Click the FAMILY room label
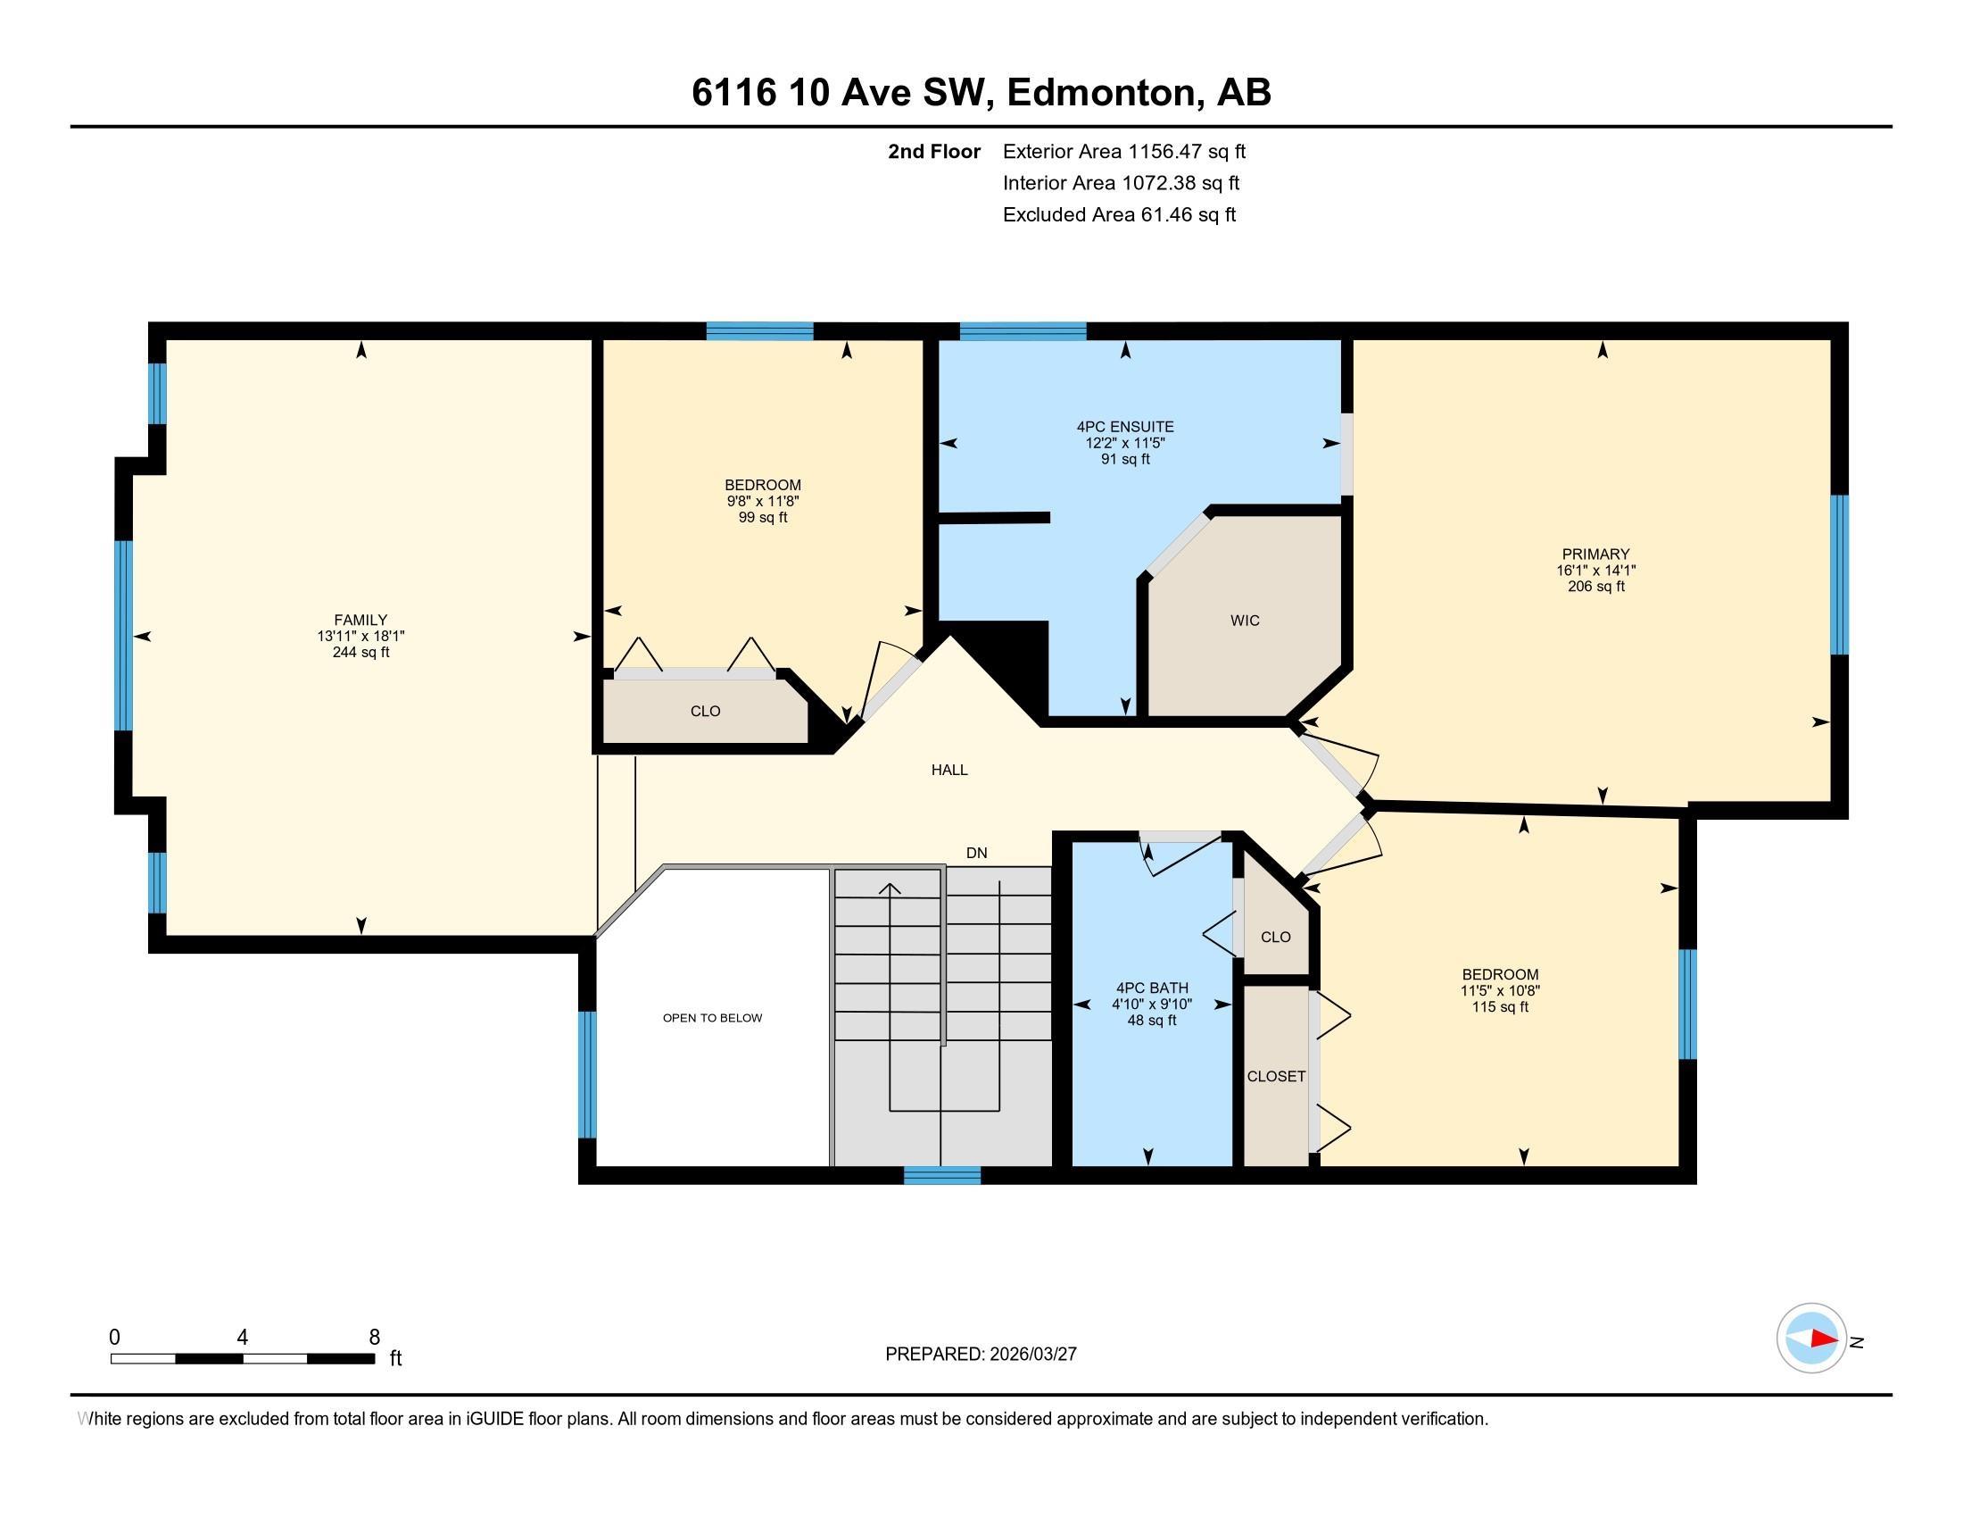point(360,620)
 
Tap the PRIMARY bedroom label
point(1595,554)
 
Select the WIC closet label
point(1245,621)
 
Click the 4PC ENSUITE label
point(1125,427)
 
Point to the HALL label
point(949,770)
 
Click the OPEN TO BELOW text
point(712,1018)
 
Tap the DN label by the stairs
point(976,853)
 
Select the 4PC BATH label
point(1150,988)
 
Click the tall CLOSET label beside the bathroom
point(1275,1077)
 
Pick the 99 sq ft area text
point(762,518)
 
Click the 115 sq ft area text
point(1499,1007)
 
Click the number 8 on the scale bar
point(374,1338)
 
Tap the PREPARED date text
point(981,1355)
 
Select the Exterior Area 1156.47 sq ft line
point(1123,152)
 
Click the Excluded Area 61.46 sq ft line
point(1119,215)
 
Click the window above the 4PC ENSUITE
point(1023,331)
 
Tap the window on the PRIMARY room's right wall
point(1839,574)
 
